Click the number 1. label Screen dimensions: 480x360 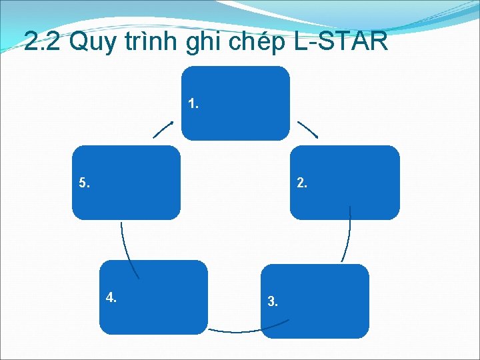tap(194, 104)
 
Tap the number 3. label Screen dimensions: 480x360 tap(273, 302)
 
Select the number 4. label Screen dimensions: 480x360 tap(111, 298)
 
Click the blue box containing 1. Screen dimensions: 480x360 tap(236, 103)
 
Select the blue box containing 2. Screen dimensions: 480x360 tap(345, 182)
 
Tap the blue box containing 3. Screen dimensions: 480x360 tap(315, 301)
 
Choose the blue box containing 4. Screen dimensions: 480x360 tap(153, 297)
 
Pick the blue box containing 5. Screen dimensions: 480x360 tap(126, 182)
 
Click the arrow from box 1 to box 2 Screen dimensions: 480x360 tap(307, 129)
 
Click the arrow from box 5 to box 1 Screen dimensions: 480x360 tap(163, 129)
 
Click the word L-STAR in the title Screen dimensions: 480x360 tap(340, 43)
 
